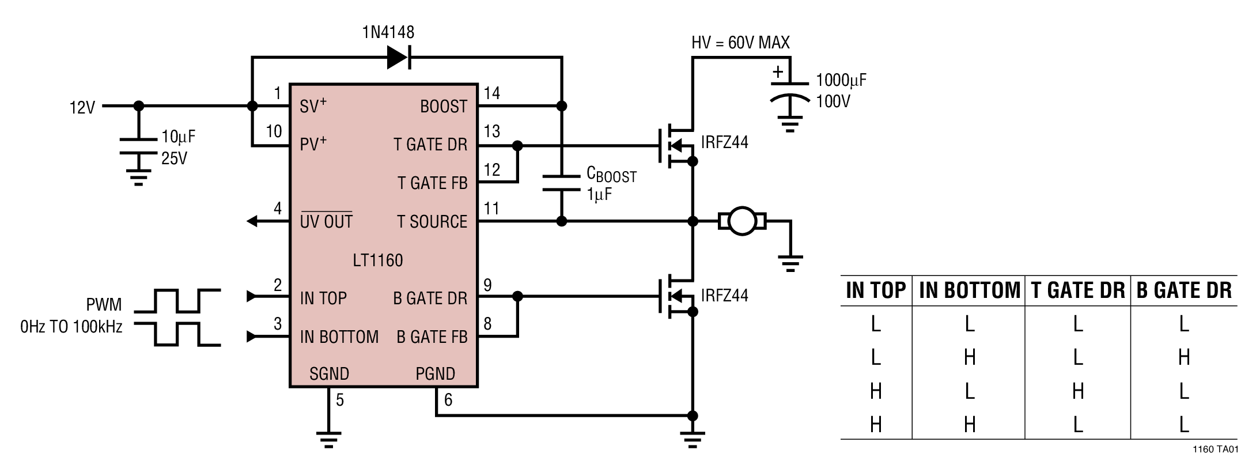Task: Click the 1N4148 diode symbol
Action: point(398,57)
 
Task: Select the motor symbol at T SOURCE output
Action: point(742,221)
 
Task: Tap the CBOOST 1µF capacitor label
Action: point(611,183)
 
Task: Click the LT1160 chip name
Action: point(378,260)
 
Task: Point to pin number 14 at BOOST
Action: point(491,93)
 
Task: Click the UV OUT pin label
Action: point(326,222)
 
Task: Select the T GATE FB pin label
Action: point(432,183)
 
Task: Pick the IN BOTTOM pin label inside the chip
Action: point(339,337)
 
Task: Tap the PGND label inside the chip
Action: point(435,374)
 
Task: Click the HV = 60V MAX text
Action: point(740,43)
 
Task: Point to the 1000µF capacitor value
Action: point(841,80)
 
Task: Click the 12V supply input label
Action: point(82,108)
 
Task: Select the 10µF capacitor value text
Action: point(178,137)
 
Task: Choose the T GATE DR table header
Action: point(1077,290)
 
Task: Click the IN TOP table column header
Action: point(876,290)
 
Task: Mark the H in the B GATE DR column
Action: point(1183,358)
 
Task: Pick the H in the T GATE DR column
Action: point(1077,392)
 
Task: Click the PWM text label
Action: point(104,304)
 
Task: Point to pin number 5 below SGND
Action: point(340,400)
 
